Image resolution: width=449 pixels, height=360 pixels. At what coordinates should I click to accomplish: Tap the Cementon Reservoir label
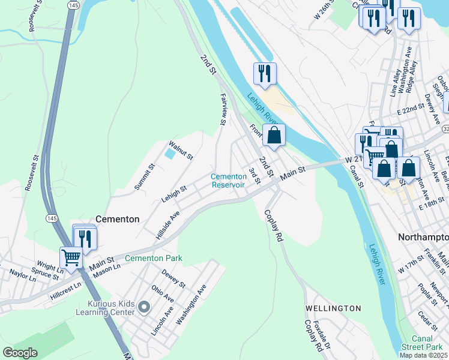coord(228,181)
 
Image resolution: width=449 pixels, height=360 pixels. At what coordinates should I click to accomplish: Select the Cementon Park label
coord(153,259)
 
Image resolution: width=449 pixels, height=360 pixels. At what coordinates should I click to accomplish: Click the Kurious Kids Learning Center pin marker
coord(143,308)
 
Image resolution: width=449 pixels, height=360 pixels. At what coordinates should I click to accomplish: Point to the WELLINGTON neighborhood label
coord(333,308)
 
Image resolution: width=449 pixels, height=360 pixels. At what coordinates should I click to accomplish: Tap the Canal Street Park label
coord(427,343)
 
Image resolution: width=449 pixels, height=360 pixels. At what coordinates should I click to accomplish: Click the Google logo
coord(20,353)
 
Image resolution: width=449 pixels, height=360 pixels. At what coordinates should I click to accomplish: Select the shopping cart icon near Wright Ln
coord(71,258)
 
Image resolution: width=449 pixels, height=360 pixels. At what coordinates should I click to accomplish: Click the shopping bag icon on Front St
coord(274,136)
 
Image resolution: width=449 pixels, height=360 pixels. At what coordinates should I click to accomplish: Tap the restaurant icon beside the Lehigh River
coord(265,74)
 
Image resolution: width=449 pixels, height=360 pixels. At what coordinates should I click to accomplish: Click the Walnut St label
coord(181,149)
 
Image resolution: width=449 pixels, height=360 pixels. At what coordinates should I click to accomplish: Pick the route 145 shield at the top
coord(73,5)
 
